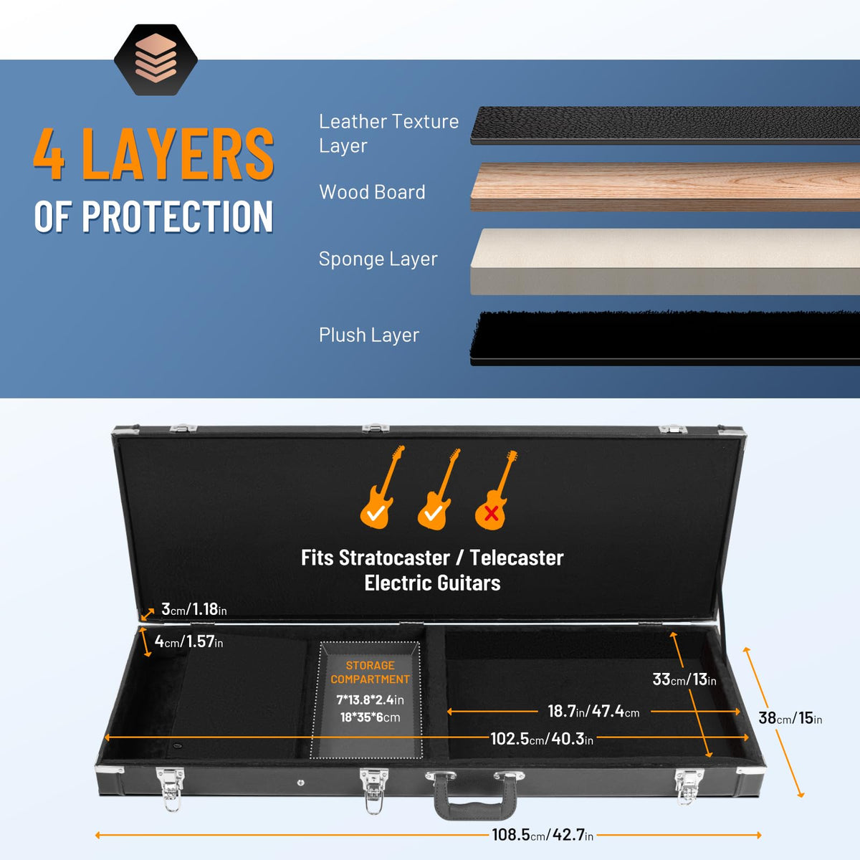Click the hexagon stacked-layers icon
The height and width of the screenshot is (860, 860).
[156, 59]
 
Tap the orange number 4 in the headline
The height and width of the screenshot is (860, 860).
[49, 154]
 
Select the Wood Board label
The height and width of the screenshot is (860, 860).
[372, 192]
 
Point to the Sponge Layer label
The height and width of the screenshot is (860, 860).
[378, 259]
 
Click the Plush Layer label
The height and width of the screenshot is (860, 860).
[369, 335]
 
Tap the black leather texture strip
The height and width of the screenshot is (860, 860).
[665, 125]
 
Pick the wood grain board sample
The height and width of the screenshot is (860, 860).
[665, 187]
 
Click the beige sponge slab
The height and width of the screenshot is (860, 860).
[665, 262]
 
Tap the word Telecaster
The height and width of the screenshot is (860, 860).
[516, 558]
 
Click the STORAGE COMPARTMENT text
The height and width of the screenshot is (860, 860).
[370, 672]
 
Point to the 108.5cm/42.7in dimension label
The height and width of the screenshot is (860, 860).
[543, 835]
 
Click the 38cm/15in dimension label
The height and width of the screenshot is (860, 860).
[790, 718]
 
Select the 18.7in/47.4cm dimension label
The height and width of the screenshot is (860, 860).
[593, 712]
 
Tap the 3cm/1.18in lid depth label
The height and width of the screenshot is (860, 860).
[193, 609]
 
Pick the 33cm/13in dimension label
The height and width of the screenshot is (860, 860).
[684, 679]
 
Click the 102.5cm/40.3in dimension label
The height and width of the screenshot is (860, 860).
[542, 739]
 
